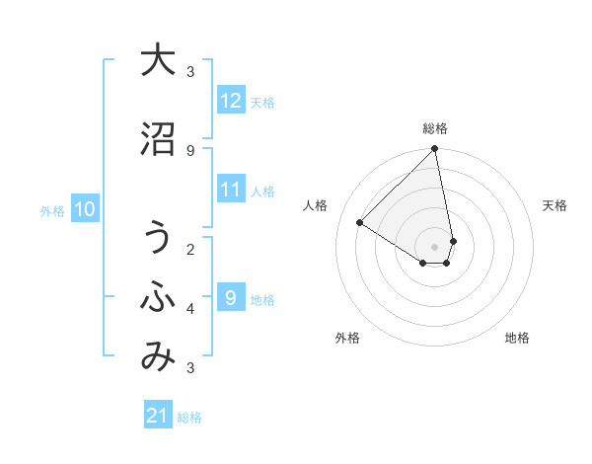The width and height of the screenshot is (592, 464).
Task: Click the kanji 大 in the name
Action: (158, 60)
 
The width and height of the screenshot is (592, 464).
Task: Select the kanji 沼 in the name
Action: (158, 139)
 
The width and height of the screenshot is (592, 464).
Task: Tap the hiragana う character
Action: (158, 238)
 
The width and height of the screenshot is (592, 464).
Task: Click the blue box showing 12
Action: (231, 101)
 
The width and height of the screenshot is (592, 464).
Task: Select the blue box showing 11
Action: (231, 190)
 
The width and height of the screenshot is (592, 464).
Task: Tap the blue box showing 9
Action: (231, 298)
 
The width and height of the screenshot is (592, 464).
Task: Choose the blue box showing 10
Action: (85, 209)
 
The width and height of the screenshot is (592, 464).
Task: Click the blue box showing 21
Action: (158, 416)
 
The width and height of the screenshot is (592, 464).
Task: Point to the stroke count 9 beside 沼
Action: (190, 150)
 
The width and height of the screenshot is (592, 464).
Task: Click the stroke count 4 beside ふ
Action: (190, 309)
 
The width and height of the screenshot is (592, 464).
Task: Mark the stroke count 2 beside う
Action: (190, 249)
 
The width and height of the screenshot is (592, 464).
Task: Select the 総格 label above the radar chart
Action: (435, 128)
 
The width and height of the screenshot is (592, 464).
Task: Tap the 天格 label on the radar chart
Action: (555, 205)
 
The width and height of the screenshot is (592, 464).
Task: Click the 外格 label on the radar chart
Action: (346, 338)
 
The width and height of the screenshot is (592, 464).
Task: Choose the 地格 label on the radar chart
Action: (517, 338)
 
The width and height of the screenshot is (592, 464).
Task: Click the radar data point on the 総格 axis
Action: (435, 149)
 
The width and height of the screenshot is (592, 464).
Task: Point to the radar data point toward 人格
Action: (360, 223)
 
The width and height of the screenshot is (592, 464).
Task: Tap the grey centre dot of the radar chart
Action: (435, 246)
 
